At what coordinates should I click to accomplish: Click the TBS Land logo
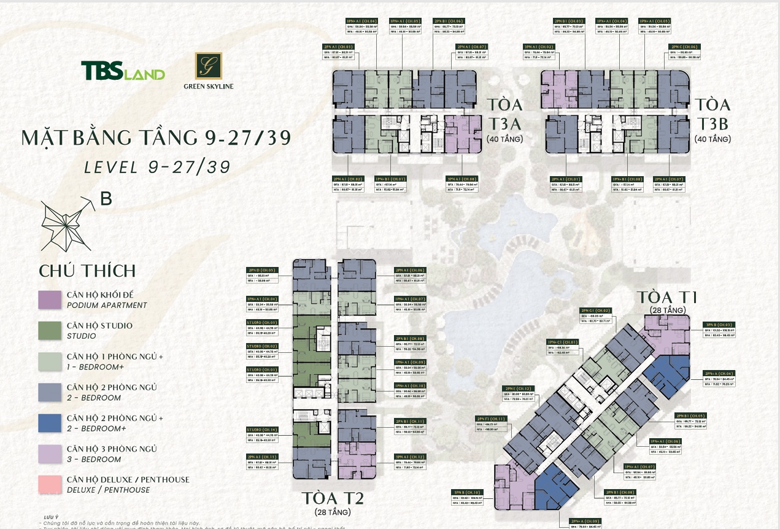[x=123, y=71]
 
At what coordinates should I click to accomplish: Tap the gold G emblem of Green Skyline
[x=208, y=66]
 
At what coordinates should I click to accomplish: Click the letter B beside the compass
[x=106, y=199]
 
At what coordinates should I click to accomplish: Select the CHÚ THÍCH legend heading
[x=87, y=271]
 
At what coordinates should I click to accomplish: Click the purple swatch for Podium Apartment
[x=49, y=299]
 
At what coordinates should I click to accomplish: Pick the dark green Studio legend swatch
[x=49, y=330]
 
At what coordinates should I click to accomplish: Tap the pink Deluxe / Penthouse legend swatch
[x=49, y=484]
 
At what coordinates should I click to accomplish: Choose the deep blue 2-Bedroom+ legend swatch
[x=49, y=422]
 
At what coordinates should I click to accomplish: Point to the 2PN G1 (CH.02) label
[x=595, y=311]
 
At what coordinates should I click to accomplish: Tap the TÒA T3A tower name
[x=505, y=114]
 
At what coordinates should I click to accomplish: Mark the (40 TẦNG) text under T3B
[x=712, y=139]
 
